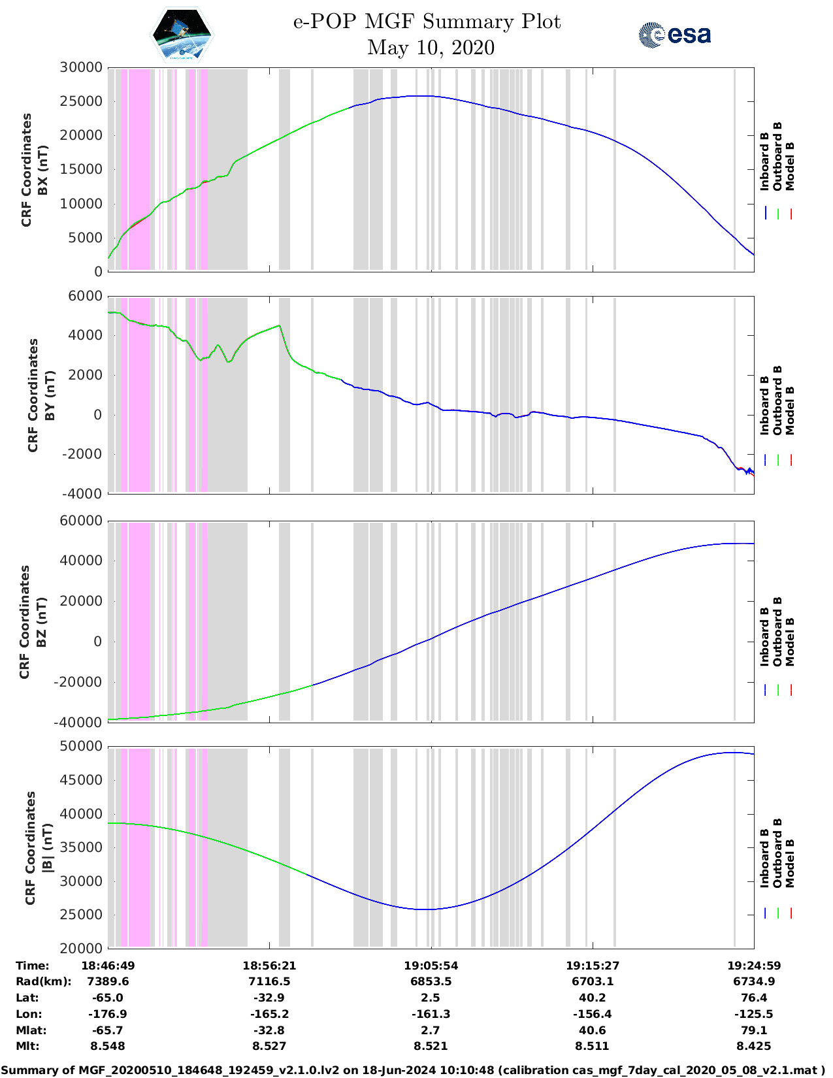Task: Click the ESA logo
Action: pos(674,35)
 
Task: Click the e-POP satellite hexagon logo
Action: pos(182,35)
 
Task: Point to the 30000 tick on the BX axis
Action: pos(81,67)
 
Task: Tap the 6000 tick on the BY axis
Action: pos(86,296)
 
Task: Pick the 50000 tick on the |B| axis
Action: pos(81,746)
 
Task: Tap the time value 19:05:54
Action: pos(431,965)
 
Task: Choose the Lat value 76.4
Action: pos(753,998)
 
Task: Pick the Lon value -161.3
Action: pos(431,1014)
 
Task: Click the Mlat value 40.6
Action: pos(592,1030)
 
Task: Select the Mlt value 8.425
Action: pos(753,1046)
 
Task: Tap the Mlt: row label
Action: pos(27,1046)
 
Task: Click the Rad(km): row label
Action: pos(43,981)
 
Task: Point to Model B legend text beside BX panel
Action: pos(789,166)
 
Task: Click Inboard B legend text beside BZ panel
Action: pos(764,637)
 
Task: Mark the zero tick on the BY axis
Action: pos(97,414)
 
